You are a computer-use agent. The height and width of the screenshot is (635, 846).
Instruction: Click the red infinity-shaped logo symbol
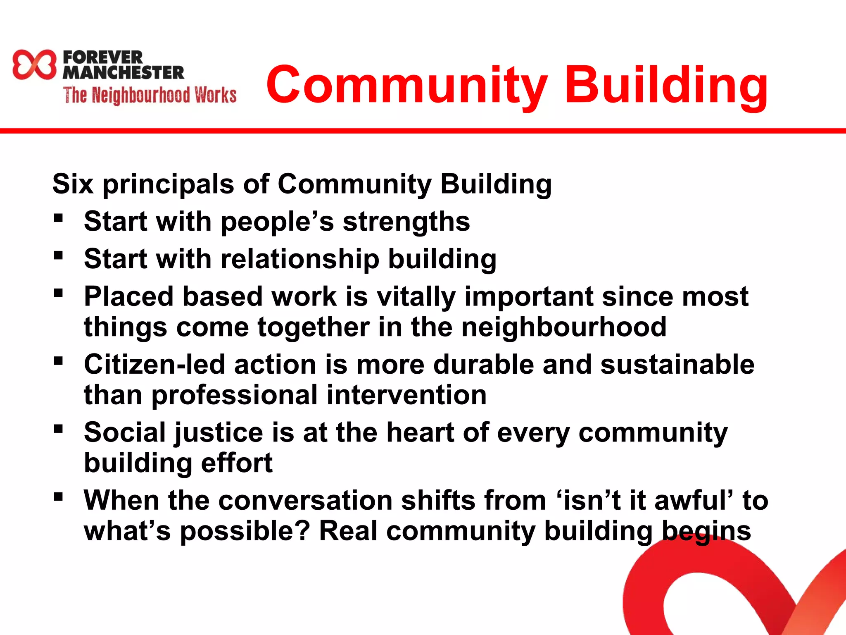(34, 64)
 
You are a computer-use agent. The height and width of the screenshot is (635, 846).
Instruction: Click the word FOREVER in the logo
(103, 57)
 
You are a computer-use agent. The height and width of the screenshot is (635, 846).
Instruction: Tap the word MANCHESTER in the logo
(123, 73)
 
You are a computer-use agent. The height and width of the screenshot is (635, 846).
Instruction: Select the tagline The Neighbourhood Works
(150, 95)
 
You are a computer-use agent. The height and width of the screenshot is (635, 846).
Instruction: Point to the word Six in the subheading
(73, 184)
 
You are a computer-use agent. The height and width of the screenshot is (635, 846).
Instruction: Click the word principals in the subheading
(169, 184)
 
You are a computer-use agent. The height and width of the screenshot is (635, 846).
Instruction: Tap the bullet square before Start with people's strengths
(58, 218)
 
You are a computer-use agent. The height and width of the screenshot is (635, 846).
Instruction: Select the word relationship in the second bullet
(299, 260)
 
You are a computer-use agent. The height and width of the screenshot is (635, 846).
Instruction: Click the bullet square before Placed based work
(58, 293)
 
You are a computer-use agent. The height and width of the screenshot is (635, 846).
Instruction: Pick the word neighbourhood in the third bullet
(563, 327)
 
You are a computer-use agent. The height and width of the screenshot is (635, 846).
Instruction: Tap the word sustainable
(677, 365)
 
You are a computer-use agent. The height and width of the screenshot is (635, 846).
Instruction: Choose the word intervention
(406, 395)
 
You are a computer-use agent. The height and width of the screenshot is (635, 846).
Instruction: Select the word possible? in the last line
(245, 532)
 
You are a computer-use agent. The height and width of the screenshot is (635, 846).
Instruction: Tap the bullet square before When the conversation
(58, 497)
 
